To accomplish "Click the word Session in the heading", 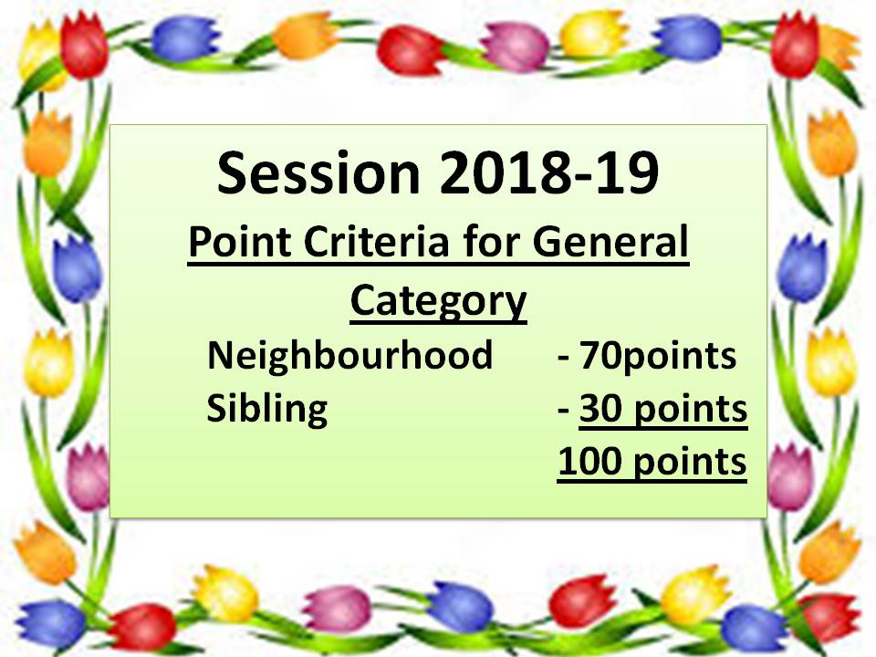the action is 318,172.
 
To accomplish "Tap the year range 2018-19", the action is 549,172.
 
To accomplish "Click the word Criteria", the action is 377,241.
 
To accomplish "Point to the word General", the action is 610,241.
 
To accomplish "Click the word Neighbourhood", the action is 349,355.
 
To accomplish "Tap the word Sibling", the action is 267,410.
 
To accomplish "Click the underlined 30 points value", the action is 663,410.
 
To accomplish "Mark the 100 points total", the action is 652,463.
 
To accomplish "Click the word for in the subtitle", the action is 491,241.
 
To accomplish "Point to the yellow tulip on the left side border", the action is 49,363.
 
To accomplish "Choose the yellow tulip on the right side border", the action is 831,363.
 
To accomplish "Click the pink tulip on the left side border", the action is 89,477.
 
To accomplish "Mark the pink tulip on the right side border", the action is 789,477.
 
